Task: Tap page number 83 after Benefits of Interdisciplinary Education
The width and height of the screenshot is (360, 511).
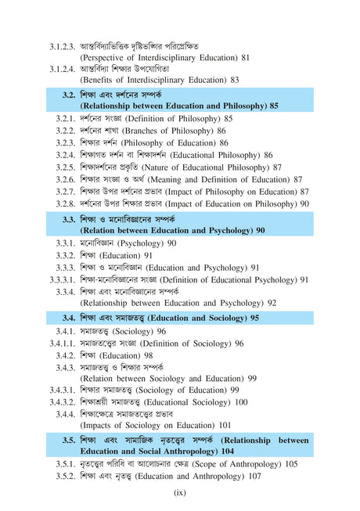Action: [233, 80]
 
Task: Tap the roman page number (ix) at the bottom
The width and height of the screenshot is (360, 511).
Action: [180, 492]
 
